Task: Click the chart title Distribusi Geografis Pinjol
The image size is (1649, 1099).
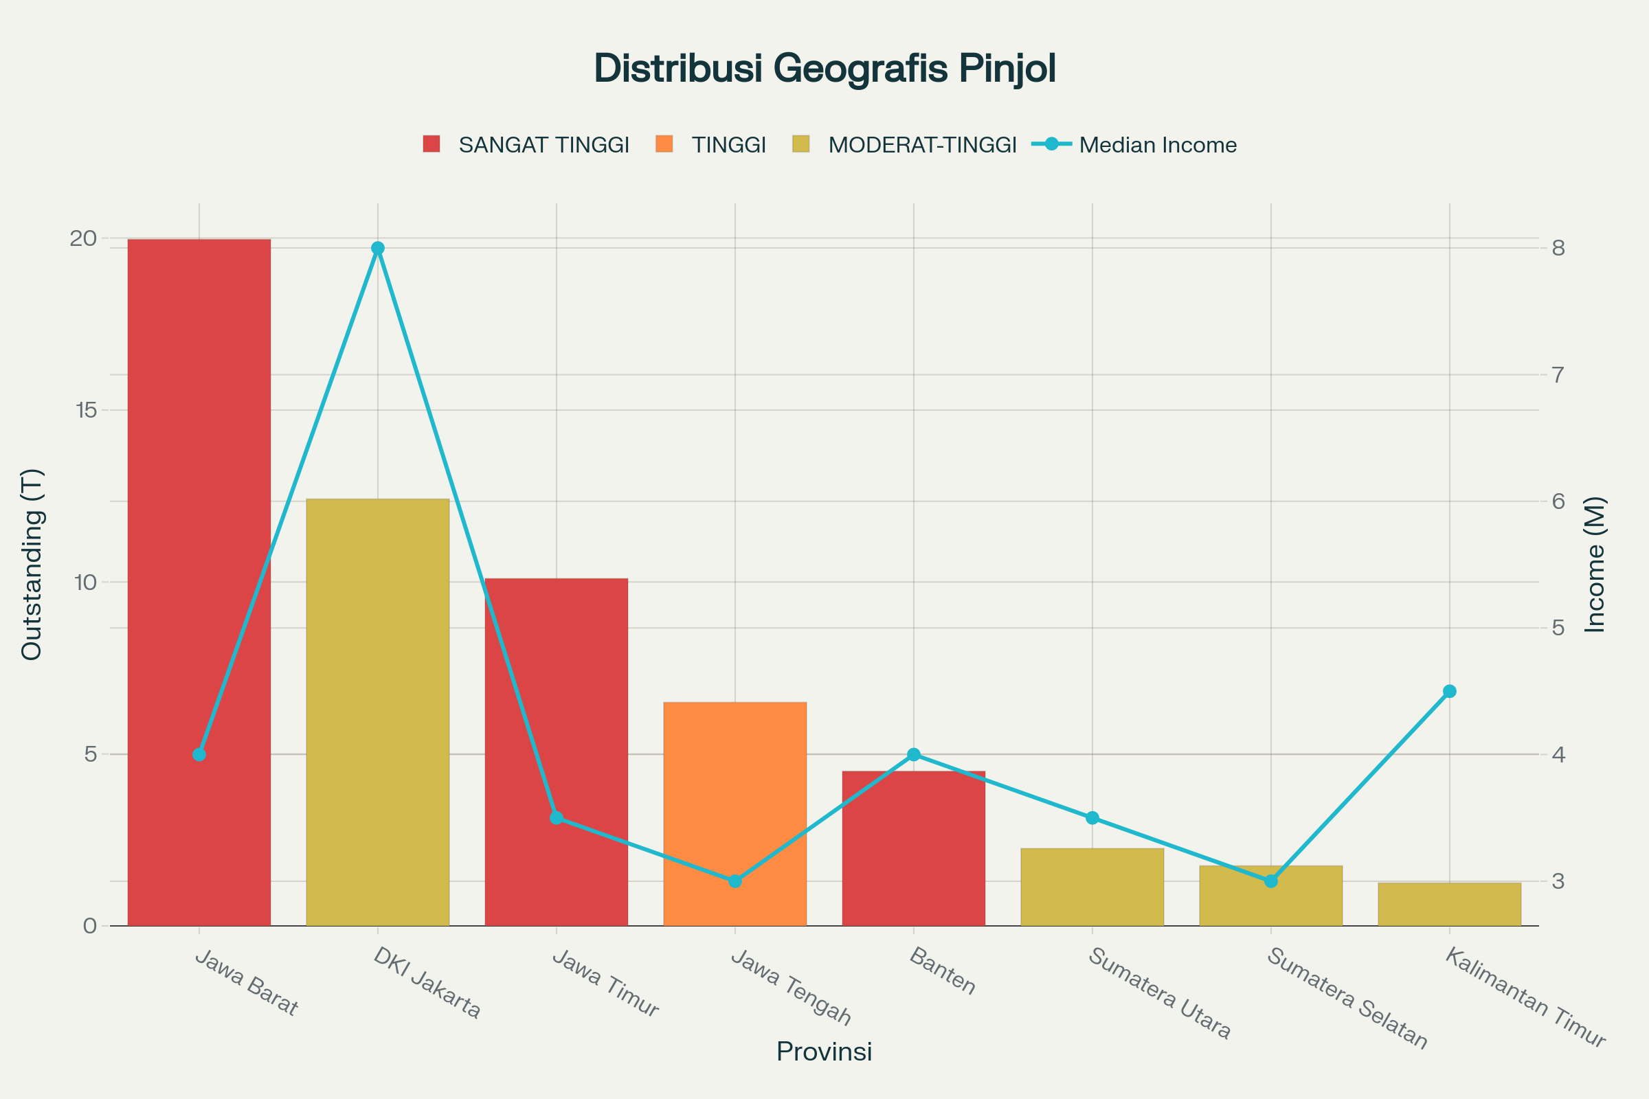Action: (824, 69)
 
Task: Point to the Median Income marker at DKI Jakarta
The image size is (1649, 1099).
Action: (378, 248)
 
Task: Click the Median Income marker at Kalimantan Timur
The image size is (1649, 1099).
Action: (1450, 692)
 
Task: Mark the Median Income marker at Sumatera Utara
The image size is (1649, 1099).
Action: (1092, 818)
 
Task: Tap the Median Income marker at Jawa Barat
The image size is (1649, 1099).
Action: (199, 754)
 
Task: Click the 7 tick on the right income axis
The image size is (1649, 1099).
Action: (1558, 375)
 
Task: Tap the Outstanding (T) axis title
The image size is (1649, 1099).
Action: (32, 564)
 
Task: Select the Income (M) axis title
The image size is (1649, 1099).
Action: (1595, 564)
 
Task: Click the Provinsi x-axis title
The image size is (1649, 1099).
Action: (824, 1052)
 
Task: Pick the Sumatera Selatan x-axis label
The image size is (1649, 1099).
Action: (1346, 999)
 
